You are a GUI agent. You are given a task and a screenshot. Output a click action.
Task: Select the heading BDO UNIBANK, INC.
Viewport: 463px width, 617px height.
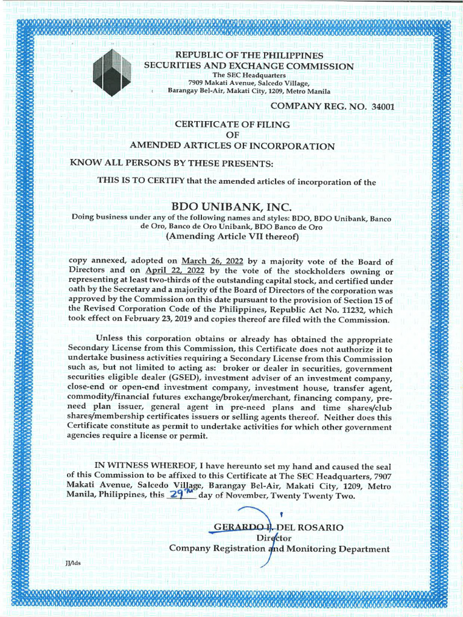232,207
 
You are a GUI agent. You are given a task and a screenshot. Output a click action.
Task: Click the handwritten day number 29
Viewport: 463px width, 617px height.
178,495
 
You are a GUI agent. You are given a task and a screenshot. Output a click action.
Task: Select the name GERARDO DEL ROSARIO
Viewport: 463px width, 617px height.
278,527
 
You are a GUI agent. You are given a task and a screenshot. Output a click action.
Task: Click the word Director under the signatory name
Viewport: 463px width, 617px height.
274,537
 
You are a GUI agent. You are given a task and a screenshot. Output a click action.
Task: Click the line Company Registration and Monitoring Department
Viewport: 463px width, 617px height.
279,548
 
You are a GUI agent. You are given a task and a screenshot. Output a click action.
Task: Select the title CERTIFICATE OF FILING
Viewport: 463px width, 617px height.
232,124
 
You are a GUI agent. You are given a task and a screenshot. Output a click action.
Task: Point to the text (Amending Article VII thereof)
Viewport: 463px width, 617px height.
232,237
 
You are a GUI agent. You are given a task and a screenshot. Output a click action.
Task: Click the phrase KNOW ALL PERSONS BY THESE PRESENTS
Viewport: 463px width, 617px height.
171,163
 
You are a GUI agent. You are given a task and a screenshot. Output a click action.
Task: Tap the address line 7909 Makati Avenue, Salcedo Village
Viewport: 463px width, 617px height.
248,83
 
